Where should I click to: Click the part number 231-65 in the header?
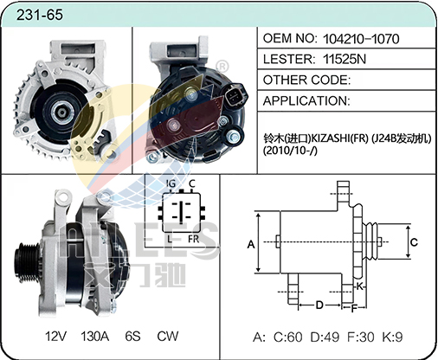pyautogui.click(x=40, y=15)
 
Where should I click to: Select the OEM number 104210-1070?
pyautogui.click(x=361, y=39)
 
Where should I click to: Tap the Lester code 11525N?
pyautogui.click(x=345, y=59)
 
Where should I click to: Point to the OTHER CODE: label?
pyautogui.click(x=306, y=80)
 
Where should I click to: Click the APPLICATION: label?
pyautogui.click(x=306, y=101)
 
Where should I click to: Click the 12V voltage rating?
pyautogui.click(x=55, y=336)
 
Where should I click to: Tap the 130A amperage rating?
pyautogui.click(x=95, y=336)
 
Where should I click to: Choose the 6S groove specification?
pyautogui.click(x=132, y=336)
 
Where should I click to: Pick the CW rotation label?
pyautogui.click(x=168, y=336)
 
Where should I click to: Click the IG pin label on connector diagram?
pyautogui.click(x=171, y=183)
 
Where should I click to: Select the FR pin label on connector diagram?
pyautogui.click(x=194, y=239)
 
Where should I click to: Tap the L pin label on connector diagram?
pyautogui.click(x=170, y=239)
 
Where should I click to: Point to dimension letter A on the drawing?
pyautogui.click(x=251, y=244)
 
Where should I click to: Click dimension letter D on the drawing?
pyautogui.click(x=319, y=305)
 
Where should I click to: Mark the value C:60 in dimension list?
pyautogui.click(x=288, y=337)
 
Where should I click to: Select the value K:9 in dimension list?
pyautogui.click(x=392, y=337)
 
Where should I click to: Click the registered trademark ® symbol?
pyautogui.click(x=222, y=67)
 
